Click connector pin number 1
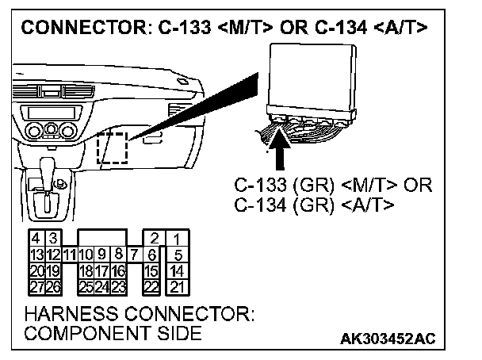coord(177,239)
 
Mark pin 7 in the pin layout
coord(133,255)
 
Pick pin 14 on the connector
coord(177,270)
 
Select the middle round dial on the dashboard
coord(49,130)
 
